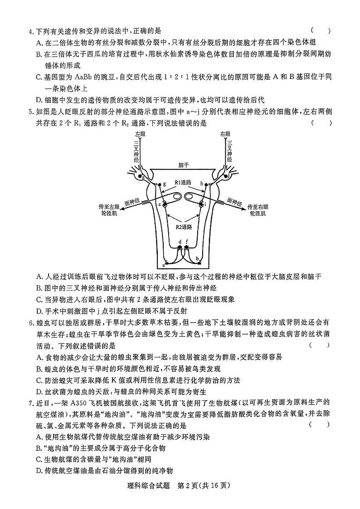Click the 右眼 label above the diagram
click(x=225, y=135)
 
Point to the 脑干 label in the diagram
click(x=183, y=166)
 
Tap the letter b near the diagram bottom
click(x=197, y=258)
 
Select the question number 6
click(x=30, y=322)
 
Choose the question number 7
click(x=30, y=403)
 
